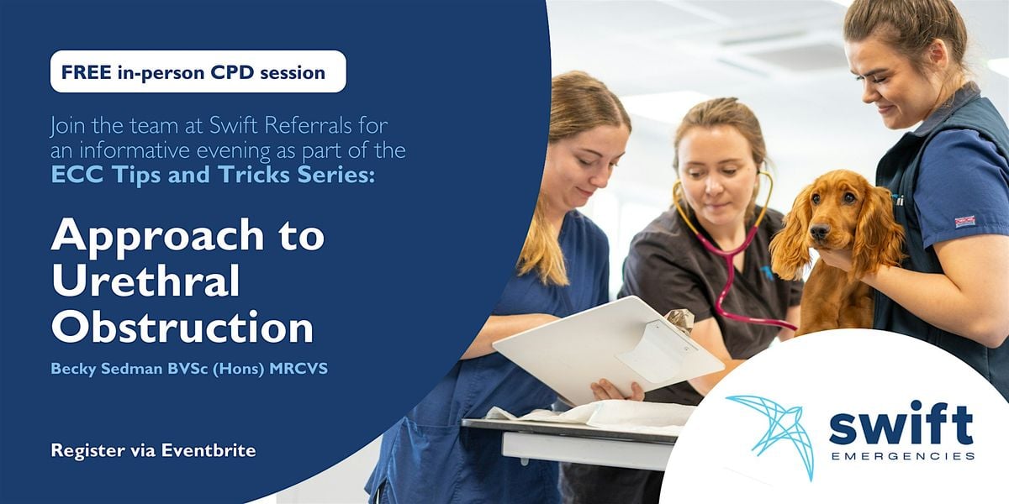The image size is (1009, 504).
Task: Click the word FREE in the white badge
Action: pyautogui.click(x=86, y=72)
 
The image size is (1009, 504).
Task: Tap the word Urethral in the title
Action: pyautogui.click(x=145, y=281)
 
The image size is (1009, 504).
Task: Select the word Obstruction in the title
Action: pyautogui.click(x=182, y=327)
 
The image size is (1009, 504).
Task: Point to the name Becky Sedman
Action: pyautogui.click(x=107, y=369)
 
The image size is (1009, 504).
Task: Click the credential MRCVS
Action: pyautogui.click(x=298, y=369)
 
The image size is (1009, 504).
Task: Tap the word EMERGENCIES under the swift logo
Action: pyautogui.click(x=903, y=456)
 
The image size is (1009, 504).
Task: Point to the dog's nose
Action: pyautogui.click(x=819, y=231)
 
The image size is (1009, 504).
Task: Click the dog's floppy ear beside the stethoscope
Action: pyautogui.click(x=790, y=236)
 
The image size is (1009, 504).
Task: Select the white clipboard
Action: pyautogui.click(x=608, y=349)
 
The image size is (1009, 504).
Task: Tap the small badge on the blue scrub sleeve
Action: pyautogui.click(x=965, y=222)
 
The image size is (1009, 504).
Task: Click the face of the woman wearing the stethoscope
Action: pyautogui.click(x=716, y=176)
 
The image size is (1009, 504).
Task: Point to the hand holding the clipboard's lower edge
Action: pyautogui.click(x=618, y=391)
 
